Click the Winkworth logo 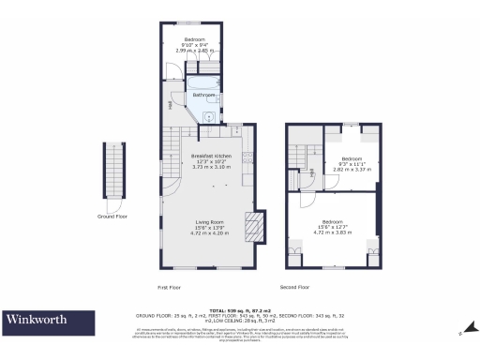pyautogui.click(x=39, y=320)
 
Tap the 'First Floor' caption pyautogui.click(x=169, y=287)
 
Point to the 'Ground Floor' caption pyautogui.click(x=112, y=216)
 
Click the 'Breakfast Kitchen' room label pyautogui.click(x=211, y=155)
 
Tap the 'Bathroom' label pyautogui.click(x=203, y=95)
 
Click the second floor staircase pyautogui.click(x=300, y=155)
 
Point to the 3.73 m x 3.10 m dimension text pyautogui.click(x=211, y=166)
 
